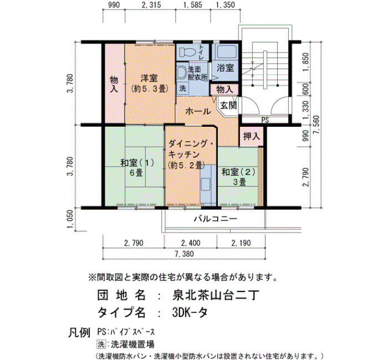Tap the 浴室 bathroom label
226,68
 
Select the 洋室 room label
149,78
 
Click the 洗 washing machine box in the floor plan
182,88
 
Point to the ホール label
198,111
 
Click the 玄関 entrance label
228,106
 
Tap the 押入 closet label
252,136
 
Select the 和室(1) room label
137,163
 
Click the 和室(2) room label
238,172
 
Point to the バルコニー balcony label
216,219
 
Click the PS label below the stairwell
265,120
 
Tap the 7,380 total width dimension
184,254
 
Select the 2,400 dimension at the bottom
191,243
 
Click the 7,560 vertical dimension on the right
316,125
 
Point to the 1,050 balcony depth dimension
70,219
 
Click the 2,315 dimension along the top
151,4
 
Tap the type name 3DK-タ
190,312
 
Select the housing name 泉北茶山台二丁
216,295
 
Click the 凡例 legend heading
79,333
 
